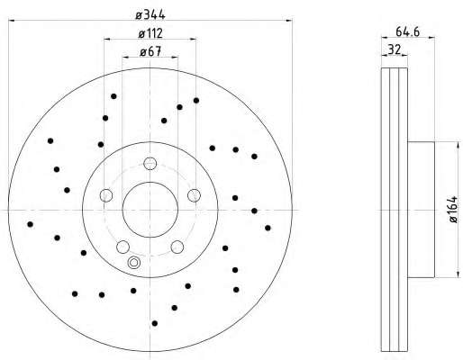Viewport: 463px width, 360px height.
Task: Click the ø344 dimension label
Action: (x=150, y=14)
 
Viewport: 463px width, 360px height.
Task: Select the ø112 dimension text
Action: (x=150, y=33)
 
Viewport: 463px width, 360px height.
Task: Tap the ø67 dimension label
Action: (x=150, y=51)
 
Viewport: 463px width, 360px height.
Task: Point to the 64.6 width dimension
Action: (x=407, y=31)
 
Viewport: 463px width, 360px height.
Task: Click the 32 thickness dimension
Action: (x=395, y=49)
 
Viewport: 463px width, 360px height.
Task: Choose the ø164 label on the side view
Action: (x=453, y=210)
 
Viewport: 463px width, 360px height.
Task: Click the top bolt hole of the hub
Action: (x=150, y=164)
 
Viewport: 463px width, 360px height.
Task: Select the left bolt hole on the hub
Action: (x=106, y=195)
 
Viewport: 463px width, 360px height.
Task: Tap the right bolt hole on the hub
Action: (x=194, y=195)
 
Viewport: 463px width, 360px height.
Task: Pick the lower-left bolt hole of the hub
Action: (x=123, y=247)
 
